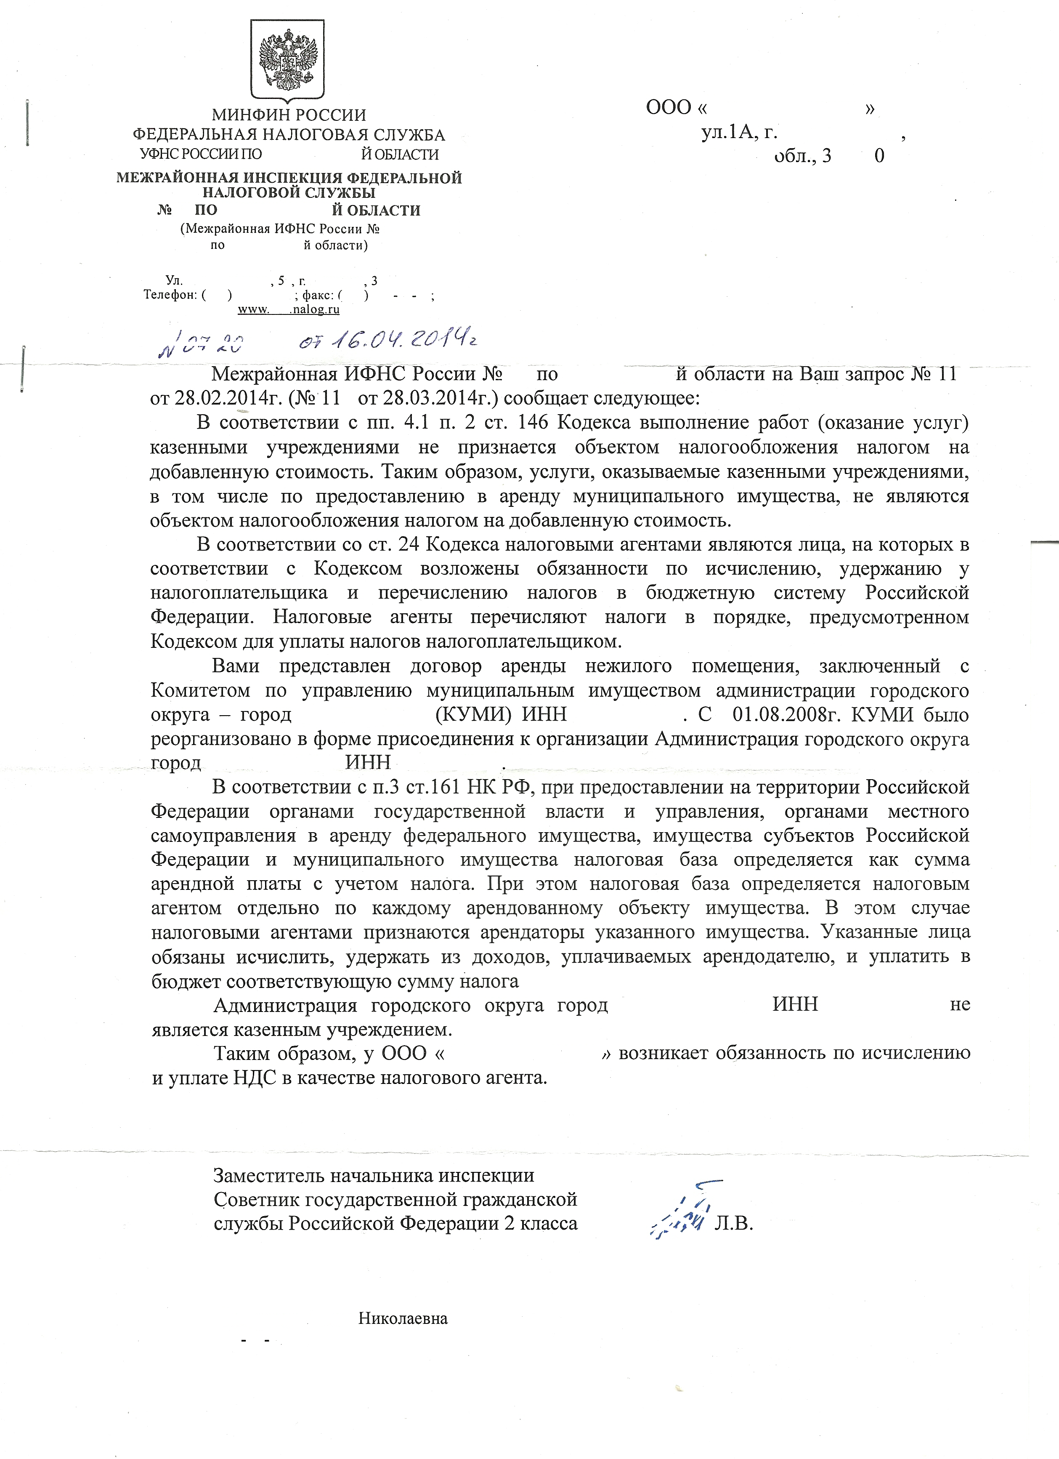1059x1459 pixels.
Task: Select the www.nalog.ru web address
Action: (289, 309)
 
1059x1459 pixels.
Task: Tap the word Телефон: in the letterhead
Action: (170, 295)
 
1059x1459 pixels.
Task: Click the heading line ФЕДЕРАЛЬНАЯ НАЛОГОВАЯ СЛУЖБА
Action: (289, 135)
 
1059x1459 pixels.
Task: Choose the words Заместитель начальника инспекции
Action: (374, 1175)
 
